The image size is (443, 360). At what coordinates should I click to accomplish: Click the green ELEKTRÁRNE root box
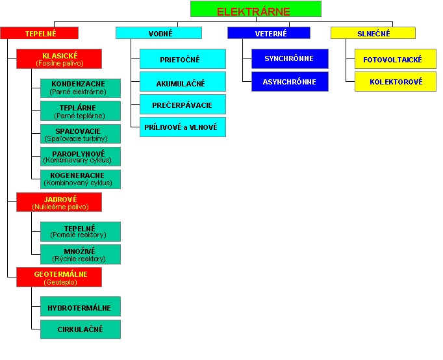point(256,8)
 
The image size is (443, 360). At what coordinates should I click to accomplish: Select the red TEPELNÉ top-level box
point(39,32)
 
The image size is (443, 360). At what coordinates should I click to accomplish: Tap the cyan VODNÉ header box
point(158,32)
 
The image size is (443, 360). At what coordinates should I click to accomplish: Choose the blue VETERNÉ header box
point(269,32)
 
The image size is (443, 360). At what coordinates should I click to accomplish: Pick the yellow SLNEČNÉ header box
point(373,32)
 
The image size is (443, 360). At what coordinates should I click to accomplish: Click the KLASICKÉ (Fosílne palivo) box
point(59,58)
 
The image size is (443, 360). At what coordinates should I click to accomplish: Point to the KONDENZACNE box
point(81,88)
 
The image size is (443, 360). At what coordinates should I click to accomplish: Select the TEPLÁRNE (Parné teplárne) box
point(81,111)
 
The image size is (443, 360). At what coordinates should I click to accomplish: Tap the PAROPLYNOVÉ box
point(81,157)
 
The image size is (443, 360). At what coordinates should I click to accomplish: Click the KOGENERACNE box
point(81,179)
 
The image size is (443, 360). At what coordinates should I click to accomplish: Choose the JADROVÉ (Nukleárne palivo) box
point(59,202)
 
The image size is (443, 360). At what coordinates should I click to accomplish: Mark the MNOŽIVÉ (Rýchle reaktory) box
point(81,254)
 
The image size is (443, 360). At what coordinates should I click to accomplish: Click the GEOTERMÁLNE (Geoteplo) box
point(59,277)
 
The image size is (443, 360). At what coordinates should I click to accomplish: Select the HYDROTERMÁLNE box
point(81,306)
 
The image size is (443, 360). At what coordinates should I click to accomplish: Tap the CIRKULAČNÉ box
point(81,329)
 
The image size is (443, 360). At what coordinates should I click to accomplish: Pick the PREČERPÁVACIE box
point(183,104)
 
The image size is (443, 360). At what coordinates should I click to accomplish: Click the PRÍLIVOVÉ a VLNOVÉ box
point(183,127)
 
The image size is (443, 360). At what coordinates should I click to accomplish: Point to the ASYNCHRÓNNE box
point(290,81)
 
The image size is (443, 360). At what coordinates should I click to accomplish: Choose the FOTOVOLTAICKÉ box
point(396,58)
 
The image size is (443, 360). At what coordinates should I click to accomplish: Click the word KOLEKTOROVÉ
point(396,82)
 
